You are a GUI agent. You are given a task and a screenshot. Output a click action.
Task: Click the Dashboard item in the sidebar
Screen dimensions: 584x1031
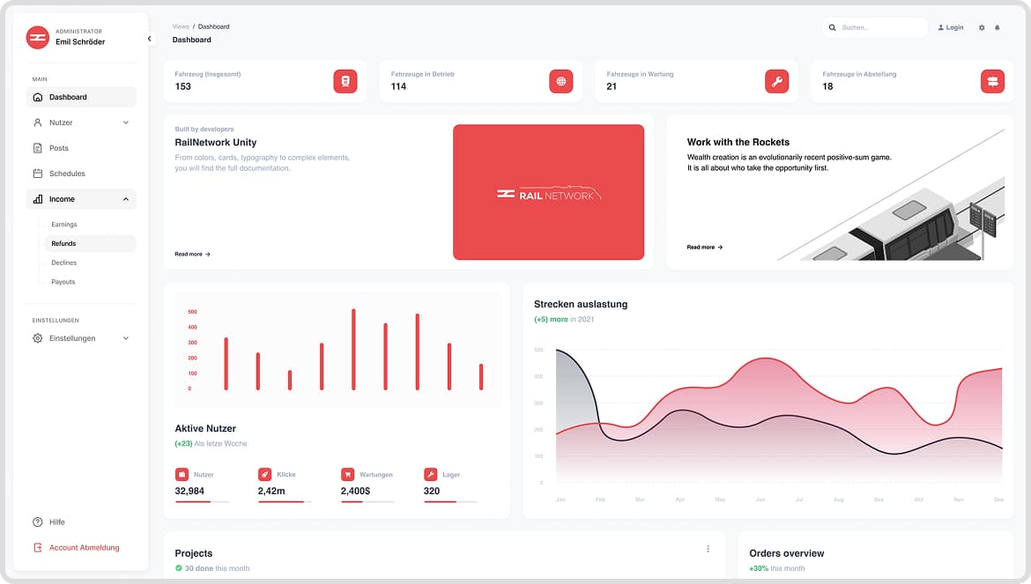pos(68,97)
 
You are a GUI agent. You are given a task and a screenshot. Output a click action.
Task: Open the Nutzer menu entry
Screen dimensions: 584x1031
pos(61,122)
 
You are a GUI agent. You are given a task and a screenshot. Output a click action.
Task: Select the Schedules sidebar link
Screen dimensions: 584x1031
pos(67,174)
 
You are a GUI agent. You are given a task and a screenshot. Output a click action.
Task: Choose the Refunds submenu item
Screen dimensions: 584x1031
pos(63,243)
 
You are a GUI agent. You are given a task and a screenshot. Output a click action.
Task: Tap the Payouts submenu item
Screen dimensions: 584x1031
pos(63,282)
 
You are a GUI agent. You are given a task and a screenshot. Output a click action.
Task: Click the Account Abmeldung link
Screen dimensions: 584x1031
pos(84,548)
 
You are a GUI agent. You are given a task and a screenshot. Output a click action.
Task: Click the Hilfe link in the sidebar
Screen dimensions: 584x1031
pos(57,522)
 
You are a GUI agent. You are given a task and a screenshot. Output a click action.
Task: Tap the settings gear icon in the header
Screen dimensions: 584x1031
pos(982,28)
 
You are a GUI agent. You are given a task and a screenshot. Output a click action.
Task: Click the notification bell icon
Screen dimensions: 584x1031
pos(998,28)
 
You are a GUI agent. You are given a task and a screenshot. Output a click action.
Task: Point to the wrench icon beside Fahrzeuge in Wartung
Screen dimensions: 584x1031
pos(776,81)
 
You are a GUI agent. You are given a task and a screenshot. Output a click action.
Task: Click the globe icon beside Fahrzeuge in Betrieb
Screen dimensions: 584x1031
pos(560,81)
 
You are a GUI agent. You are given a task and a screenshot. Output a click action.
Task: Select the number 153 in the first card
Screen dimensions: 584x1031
pos(183,86)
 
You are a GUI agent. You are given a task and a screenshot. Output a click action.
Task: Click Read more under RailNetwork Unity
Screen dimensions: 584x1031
pos(192,254)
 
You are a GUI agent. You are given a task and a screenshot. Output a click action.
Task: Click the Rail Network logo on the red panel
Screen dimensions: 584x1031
pos(548,194)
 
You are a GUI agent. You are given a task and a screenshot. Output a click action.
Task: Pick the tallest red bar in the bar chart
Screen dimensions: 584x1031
pos(353,349)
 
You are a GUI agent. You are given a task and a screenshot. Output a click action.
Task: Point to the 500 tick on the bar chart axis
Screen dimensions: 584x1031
pos(192,312)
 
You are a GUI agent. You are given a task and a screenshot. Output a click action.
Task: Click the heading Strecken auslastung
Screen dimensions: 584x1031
pos(581,304)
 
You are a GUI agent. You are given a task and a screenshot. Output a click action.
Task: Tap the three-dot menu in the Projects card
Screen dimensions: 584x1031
pos(708,549)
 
